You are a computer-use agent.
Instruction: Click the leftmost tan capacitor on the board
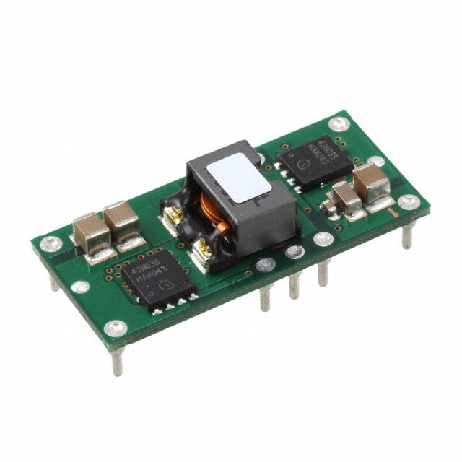(x=92, y=230)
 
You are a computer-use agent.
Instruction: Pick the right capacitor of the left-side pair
(x=121, y=220)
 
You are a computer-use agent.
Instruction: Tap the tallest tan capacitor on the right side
(x=372, y=185)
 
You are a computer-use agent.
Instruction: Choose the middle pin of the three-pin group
(x=295, y=284)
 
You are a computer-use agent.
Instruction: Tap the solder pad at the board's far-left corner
(x=48, y=243)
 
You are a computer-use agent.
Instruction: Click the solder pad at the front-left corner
(x=115, y=328)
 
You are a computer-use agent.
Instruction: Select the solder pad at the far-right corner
(x=409, y=201)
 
